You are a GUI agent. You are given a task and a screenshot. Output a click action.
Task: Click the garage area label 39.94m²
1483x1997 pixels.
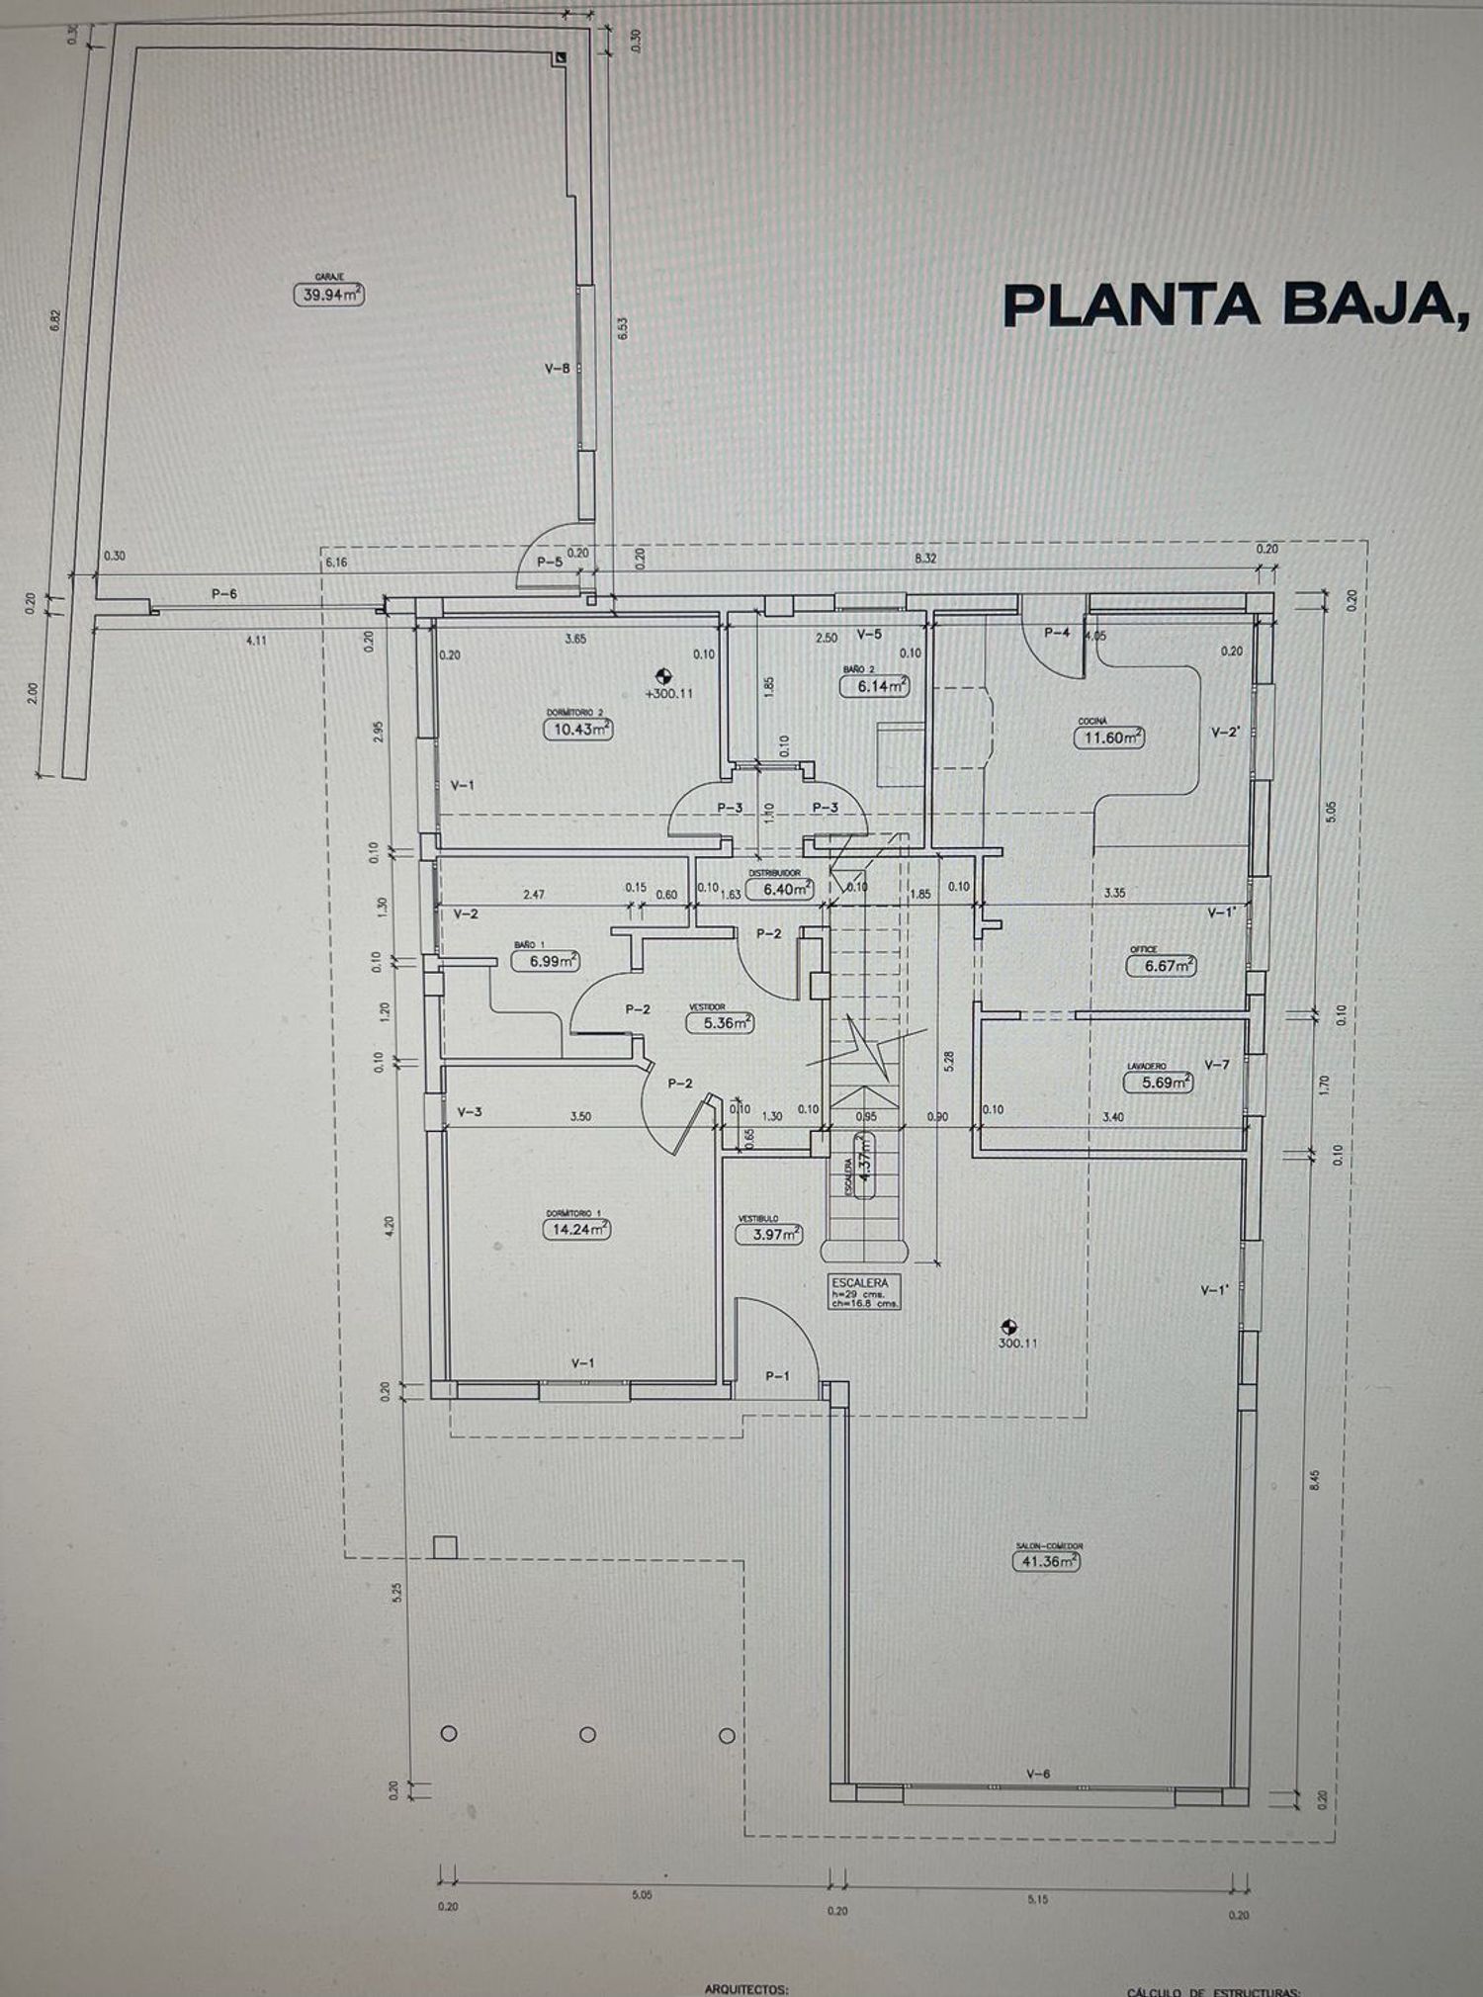click(x=328, y=294)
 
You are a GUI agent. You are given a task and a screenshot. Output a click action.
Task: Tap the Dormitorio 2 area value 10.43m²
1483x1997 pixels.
click(x=576, y=729)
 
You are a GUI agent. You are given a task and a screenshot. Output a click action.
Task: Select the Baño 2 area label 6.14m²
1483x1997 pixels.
click(x=874, y=685)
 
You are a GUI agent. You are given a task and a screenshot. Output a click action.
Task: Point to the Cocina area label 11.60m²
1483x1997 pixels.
click(x=1109, y=737)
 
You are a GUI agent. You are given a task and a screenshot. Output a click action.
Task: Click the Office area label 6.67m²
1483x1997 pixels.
click(x=1162, y=965)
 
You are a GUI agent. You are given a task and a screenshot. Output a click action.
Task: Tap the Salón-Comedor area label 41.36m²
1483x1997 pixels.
click(x=1046, y=1561)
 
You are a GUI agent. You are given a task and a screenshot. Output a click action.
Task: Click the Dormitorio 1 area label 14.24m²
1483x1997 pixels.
click(x=575, y=1229)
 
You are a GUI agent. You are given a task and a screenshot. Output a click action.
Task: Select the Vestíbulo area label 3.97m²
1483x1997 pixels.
click(x=769, y=1234)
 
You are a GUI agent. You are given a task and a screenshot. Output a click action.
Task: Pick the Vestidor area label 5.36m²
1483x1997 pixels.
click(x=720, y=1023)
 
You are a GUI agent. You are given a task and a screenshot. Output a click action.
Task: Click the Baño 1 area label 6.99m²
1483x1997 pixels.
click(x=545, y=960)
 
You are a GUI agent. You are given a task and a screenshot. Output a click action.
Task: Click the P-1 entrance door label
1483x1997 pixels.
click(x=777, y=1375)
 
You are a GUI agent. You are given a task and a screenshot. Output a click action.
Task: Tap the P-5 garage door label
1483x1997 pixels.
click(x=549, y=561)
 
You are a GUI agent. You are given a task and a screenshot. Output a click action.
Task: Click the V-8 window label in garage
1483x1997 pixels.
click(x=557, y=368)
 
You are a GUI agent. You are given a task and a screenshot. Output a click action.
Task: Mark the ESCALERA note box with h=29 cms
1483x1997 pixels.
click(x=865, y=1291)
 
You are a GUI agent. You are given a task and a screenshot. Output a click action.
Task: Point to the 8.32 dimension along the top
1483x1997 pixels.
click(x=925, y=559)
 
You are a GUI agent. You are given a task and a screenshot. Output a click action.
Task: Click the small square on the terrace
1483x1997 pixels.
click(x=446, y=1546)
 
